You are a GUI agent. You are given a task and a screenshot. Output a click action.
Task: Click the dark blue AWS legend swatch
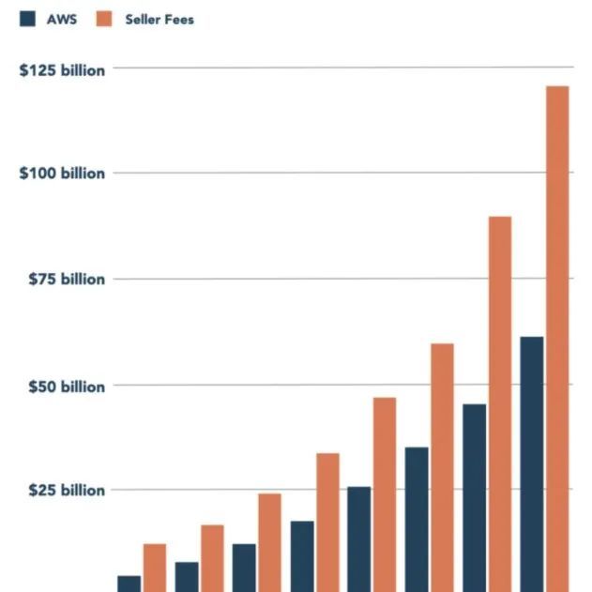tap(26, 19)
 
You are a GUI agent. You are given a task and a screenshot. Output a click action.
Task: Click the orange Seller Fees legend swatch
tap(104, 19)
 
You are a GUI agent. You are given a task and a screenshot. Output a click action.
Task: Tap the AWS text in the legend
tap(62, 19)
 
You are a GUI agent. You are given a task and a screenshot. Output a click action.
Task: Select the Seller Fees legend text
tap(159, 19)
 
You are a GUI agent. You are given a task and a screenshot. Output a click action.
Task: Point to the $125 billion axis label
tap(62, 70)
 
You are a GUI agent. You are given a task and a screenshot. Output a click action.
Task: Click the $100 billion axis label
tap(62, 174)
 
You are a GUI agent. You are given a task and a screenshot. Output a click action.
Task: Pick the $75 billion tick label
tap(62, 280)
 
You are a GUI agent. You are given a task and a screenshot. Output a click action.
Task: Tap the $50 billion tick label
tap(62, 387)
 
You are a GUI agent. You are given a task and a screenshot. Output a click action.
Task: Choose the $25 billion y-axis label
tap(62, 491)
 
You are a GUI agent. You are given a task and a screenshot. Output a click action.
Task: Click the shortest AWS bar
tap(129, 584)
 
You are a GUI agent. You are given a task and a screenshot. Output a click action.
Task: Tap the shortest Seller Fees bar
tap(154, 568)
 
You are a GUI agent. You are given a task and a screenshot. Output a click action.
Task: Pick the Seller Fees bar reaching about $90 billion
tap(500, 403)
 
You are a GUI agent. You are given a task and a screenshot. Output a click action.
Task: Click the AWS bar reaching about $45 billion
tap(475, 497)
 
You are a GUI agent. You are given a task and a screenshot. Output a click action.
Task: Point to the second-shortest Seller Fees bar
tap(212, 558)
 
